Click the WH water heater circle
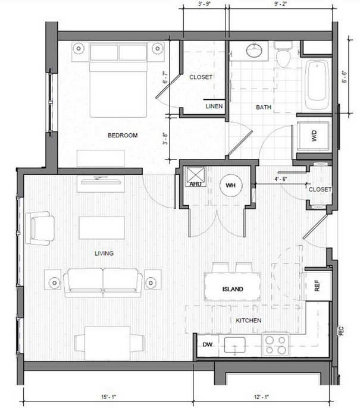(231, 186)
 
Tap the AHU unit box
(196, 177)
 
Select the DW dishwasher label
(208, 344)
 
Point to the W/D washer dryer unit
(314, 136)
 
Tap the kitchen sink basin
(235, 345)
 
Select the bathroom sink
(254, 51)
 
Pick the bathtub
(317, 85)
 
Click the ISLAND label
(233, 289)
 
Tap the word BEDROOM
(123, 136)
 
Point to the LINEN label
(214, 106)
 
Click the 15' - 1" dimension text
(108, 397)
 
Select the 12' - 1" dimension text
(261, 397)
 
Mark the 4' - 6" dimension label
(281, 179)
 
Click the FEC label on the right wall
(342, 331)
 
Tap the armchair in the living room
(40, 228)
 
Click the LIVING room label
(104, 253)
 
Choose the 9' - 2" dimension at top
(281, 5)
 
